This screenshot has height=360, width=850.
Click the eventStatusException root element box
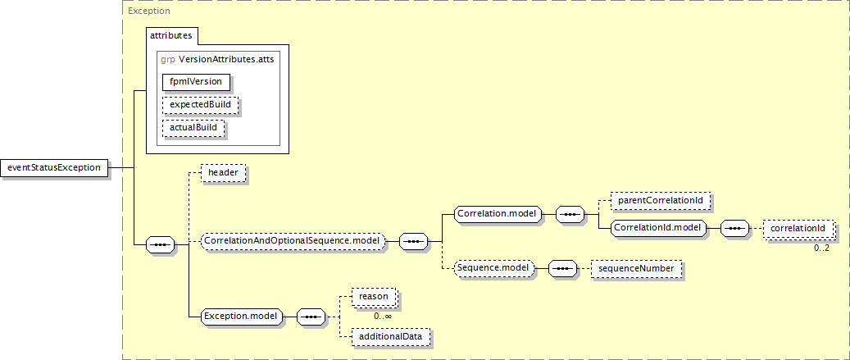click(x=54, y=167)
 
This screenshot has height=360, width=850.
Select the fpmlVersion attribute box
click(x=196, y=81)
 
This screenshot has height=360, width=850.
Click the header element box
click(x=223, y=173)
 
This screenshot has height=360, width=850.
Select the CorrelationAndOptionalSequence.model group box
click(x=291, y=241)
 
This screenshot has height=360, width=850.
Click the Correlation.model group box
click(x=498, y=214)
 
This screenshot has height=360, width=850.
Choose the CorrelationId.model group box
click(x=659, y=227)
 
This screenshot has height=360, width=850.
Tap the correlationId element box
click(x=798, y=227)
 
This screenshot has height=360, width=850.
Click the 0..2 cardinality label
click(x=820, y=248)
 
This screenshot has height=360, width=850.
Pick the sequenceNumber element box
click(x=635, y=268)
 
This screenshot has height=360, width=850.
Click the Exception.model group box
click(x=241, y=316)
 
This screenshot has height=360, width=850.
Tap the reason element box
click(x=373, y=295)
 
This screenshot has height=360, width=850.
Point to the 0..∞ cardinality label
click(x=382, y=316)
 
